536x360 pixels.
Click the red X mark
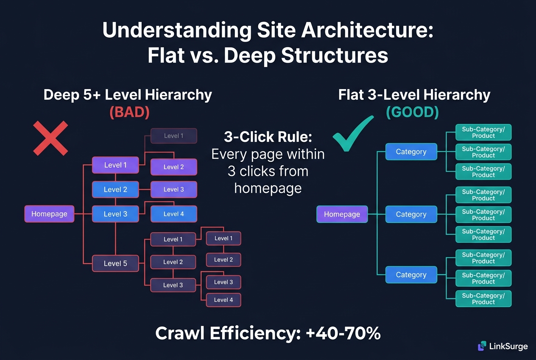[x=50, y=138]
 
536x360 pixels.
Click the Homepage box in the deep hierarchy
[x=49, y=214]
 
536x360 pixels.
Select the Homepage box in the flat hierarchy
[x=342, y=214]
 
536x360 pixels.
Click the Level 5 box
[x=115, y=263]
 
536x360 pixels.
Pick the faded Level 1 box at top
[x=173, y=136]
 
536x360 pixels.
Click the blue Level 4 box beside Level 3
[x=173, y=214]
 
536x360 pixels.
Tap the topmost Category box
[x=411, y=152]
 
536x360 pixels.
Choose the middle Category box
[x=411, y=214]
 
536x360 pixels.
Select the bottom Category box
[x=411, y=275]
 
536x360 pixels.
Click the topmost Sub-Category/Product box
[x=483, y=132]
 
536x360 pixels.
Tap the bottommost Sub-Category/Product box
[x=483, y=298]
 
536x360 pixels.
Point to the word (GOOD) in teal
[x=412, y=112]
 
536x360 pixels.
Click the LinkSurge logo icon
[x=482, y=346]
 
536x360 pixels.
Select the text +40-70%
[x=343, y=334]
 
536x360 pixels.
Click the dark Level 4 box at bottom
[x=223, y=300]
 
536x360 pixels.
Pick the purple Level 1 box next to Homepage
[x=115, y=165]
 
